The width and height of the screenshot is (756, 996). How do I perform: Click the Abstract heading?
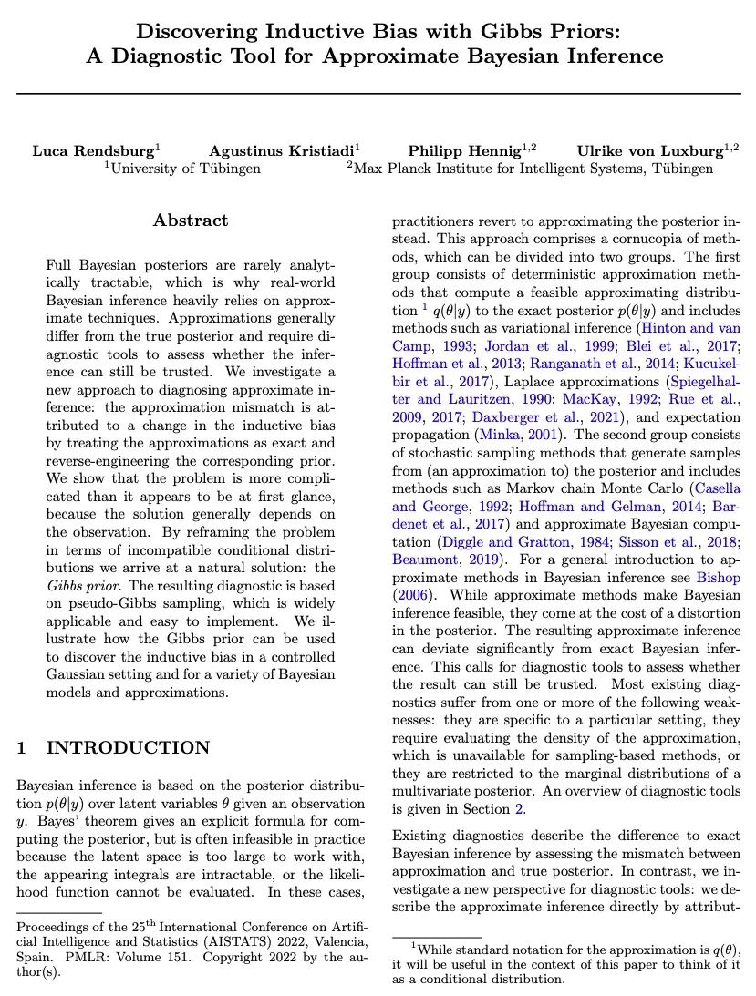point(191,221)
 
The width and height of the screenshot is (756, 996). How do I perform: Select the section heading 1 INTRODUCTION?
point(113,749)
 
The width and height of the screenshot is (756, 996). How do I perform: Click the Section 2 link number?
point(521,810)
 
